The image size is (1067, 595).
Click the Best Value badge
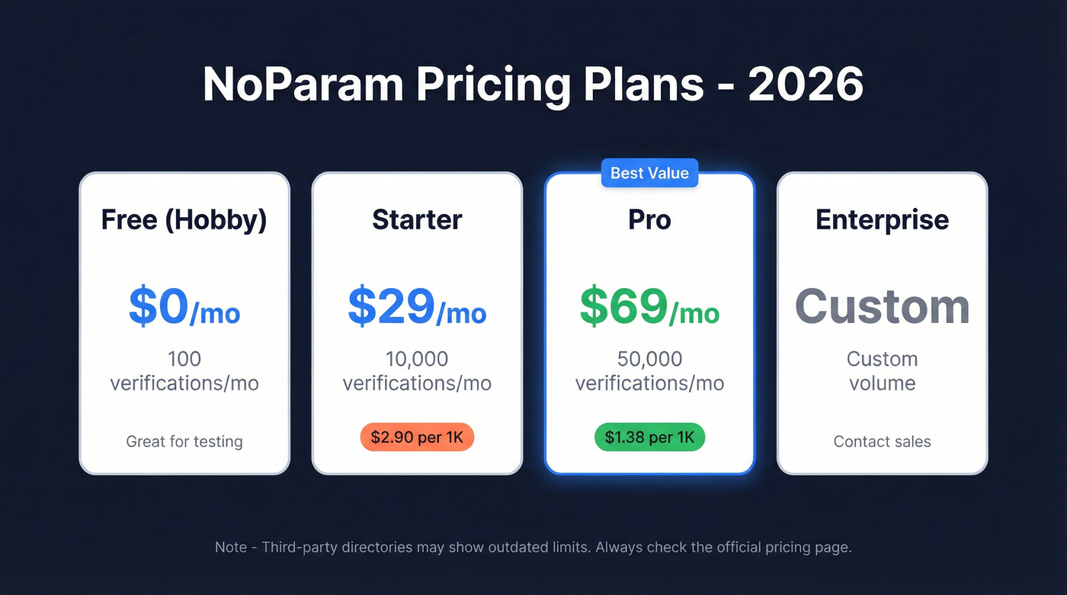tap(649, 174)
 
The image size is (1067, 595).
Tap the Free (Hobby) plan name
tap(184, 220)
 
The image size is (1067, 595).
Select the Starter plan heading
tap(417, 220)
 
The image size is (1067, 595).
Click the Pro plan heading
tap(649, 220)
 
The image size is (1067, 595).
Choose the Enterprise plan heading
tap(882, 220)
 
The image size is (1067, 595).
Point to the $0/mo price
tap(184, 306)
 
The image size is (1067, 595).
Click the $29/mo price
tap(417, 306)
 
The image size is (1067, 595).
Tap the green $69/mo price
tap(649, 306)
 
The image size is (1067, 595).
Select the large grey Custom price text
tap(882, 306)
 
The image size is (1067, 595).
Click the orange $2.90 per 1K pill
tap(417, 437)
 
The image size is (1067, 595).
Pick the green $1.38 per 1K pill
tap(649, 437)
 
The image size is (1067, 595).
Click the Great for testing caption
tap(184, 441)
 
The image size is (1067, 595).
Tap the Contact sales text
tap(882, 441)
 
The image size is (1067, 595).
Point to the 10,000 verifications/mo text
tap(417, 371)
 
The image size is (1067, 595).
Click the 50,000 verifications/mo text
tap(649, 371)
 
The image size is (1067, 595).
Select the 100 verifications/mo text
tap(184, 371)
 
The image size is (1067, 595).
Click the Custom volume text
tap(882, 371)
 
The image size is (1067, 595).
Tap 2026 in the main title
tap(806, 85)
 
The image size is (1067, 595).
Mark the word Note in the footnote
tap(230, 547)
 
